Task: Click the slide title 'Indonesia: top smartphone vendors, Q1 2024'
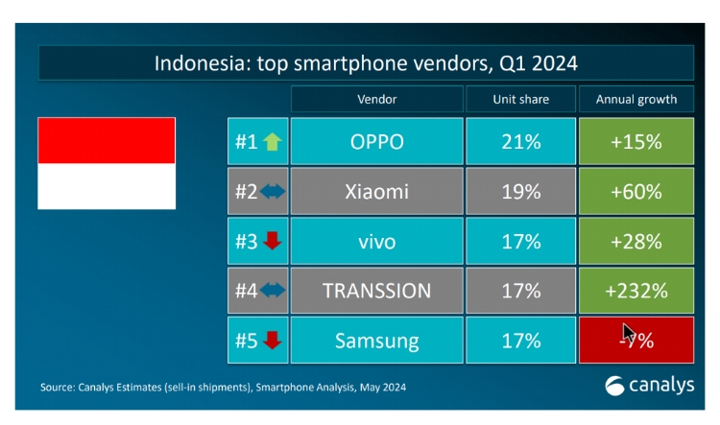click(x=366, y=64)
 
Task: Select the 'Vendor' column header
click(x=376, y=99)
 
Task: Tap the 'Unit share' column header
click(x=519, y=99)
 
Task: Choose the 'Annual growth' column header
click(x=636, y=99)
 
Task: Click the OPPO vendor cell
click(x=376, y=142)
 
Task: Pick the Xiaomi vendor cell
click(x=376, y=191)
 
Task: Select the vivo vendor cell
click(x=376, y=241)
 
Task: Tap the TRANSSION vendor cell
click(x=376, y=290)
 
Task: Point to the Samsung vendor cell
click(x=376, y=340)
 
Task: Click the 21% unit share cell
click(x=519, y=142)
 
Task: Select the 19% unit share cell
click(x=519, y=191)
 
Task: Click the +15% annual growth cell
click(x=636, y=142)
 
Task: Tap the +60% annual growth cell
click(x=636, y=191)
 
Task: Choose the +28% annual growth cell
click(x=636, y=241)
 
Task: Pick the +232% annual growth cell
click(x=636, y=290)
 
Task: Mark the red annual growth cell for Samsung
click(x=636, y=340)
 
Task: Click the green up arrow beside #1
click(x=273, y=142)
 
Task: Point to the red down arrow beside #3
click(x=273, y=241)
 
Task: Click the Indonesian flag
click(x=107, y=163)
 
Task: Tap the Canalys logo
click(x=649, y=386)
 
